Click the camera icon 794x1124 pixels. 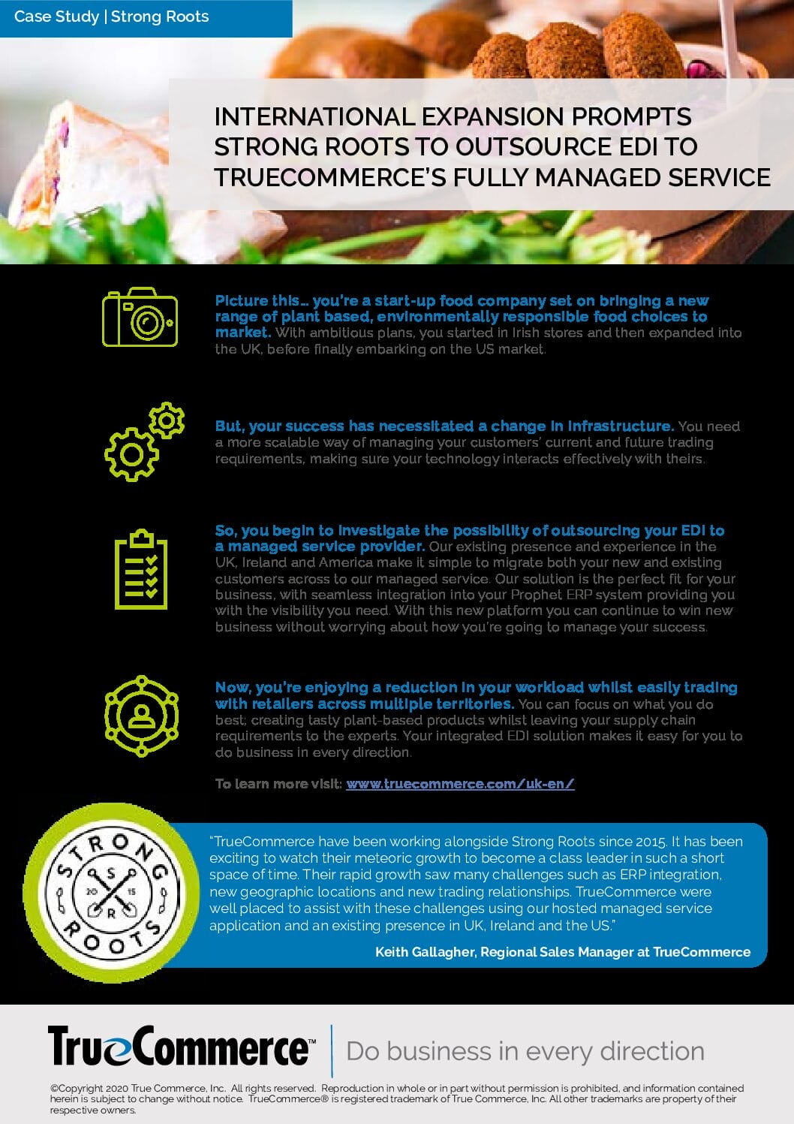point(140,317)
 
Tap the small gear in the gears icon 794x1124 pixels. point(167,420)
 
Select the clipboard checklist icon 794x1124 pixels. point(141,569)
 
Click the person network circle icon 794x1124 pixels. point(141,716)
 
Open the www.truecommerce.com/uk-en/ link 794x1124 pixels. point(460,784)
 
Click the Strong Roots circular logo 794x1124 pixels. point(111,892)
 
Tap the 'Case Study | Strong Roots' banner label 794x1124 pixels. point(111,17)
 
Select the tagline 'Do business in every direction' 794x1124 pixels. point(525,1050)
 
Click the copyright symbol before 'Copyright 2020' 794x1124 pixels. point(54,1089)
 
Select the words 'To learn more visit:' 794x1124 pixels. point(278,784)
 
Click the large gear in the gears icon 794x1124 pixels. point(131,454)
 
